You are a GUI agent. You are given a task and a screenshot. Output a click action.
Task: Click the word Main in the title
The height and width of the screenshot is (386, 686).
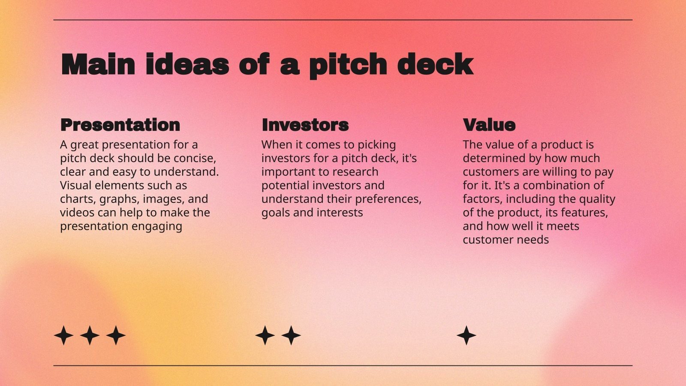98,65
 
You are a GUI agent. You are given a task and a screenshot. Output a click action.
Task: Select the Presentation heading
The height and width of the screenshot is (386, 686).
120,125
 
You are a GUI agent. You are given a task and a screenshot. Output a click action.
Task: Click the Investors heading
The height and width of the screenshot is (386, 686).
305,125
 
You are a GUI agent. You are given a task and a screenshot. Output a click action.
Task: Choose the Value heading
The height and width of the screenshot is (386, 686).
489,125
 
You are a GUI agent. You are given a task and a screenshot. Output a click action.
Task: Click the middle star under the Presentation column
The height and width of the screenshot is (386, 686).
90,335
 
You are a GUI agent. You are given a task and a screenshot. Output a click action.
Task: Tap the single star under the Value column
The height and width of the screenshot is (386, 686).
466,335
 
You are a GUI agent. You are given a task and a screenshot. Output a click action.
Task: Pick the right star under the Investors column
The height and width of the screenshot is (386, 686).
291,335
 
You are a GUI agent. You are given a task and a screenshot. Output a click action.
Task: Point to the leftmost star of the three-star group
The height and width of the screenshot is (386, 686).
63,335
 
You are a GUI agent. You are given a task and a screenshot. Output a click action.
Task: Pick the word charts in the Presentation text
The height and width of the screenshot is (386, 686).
78,199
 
